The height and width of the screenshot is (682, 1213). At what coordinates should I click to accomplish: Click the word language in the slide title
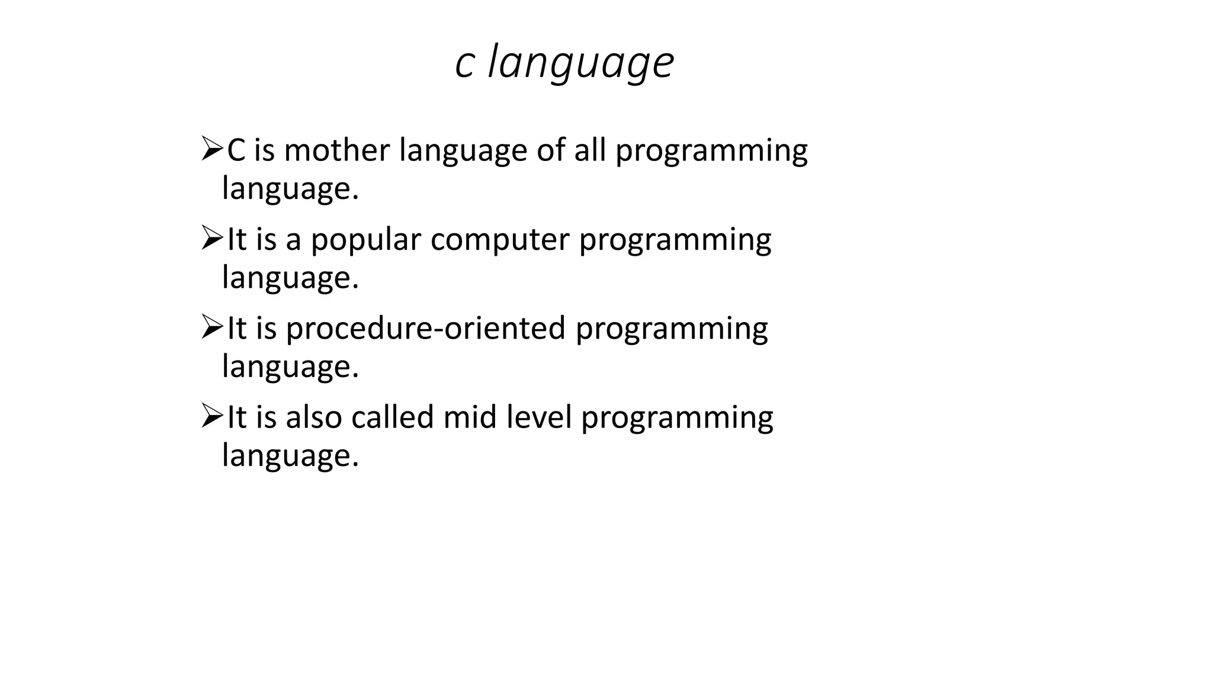(580, 63)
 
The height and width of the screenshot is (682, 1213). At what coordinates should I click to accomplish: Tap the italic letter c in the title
(464, 63)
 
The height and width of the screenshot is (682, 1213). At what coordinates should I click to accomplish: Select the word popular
(365, 240)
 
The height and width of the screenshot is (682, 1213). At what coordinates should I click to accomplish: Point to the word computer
(500, 240)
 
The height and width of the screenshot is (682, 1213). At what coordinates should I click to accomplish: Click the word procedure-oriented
(426, 329)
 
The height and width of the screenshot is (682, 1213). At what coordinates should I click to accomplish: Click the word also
(314, 417)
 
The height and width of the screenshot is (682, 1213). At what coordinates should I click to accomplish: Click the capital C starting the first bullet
(236, 150)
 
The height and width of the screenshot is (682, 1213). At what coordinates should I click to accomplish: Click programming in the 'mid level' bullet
(677, 419)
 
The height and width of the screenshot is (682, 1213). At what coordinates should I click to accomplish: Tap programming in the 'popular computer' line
(675, 241)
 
